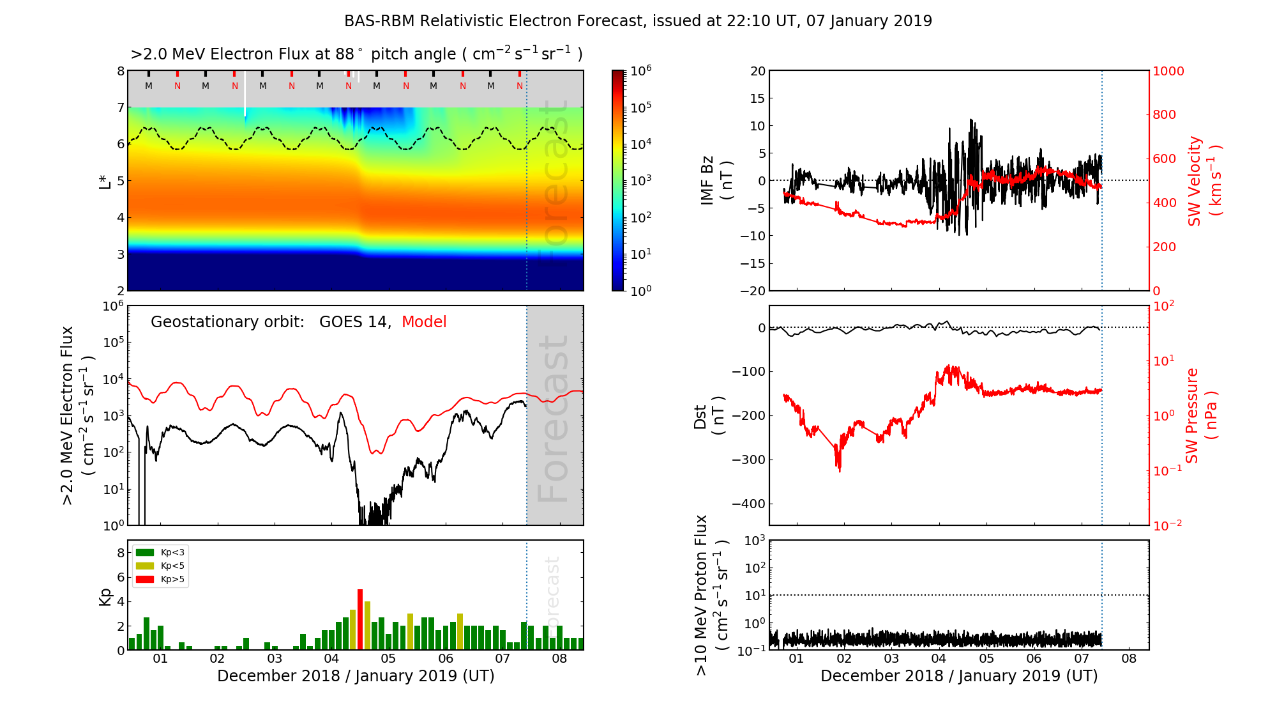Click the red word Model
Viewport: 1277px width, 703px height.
click(424, 322)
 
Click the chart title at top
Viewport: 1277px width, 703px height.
click(638, 21)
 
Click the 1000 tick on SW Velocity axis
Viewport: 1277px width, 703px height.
click(1168, 71)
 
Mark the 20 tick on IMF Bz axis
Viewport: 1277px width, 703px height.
click(757, 71)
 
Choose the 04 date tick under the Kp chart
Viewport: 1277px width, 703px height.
click(331, 658)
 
